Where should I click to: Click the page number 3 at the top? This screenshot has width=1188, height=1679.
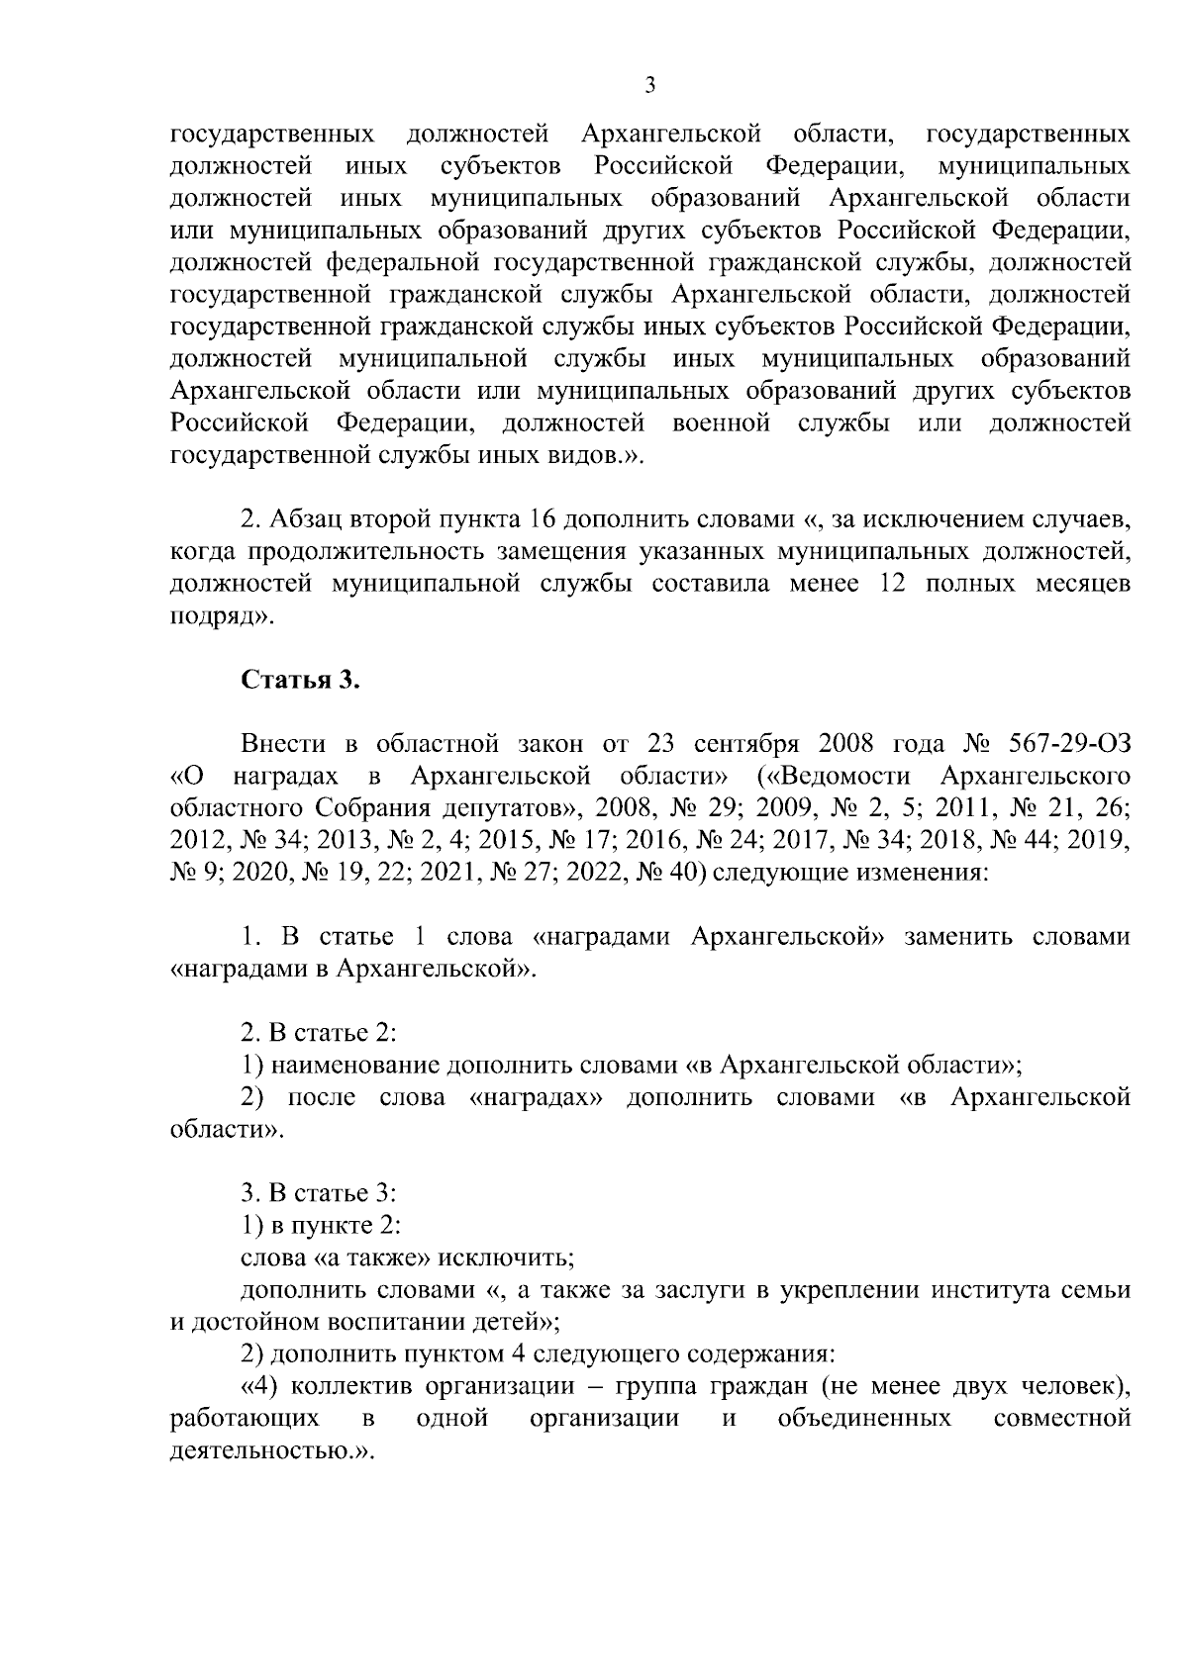coord(649,85)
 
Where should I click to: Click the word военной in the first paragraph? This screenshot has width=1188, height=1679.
coord(721,423)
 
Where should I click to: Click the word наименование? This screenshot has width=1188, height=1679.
coord(354,1066)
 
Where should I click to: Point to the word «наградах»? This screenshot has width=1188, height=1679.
coord(536,1097)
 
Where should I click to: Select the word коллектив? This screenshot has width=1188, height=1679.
coord(340,1386)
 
